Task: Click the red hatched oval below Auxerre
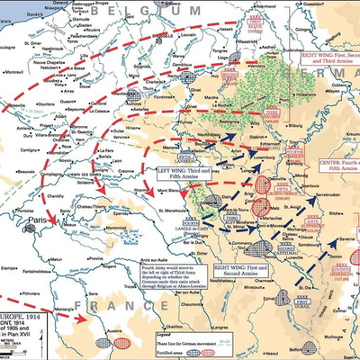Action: tap(123, 341)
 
